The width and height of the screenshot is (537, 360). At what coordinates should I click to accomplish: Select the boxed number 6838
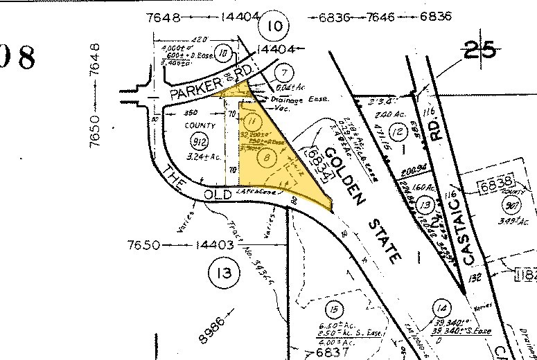496,183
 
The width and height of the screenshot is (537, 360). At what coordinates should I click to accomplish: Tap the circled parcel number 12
396,132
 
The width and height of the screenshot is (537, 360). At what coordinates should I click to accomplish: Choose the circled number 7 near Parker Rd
282,73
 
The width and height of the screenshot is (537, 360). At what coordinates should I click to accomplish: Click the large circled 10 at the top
274,27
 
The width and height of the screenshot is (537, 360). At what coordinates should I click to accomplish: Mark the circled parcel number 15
335,309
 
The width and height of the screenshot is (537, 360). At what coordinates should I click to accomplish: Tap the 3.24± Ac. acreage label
203,158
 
